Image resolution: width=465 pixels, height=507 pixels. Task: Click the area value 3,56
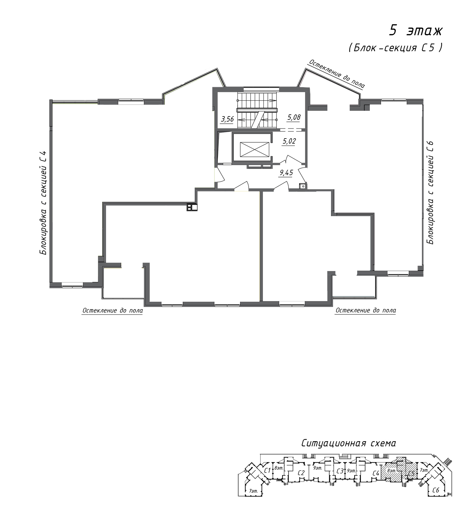coord(227,118)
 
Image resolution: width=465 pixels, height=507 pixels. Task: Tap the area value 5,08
coord(294,117)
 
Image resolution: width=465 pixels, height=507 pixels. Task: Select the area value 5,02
coord(289,141)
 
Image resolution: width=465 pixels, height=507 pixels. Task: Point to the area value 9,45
coord(286,172)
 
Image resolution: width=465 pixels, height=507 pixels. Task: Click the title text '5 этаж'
coord(416,31)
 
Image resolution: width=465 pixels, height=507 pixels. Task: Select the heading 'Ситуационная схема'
coord(348,443)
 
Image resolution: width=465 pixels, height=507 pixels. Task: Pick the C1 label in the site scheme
coord(268,470)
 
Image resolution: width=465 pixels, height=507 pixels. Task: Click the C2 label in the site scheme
coord(301,473)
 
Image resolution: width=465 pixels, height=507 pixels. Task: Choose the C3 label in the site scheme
coord(340,471)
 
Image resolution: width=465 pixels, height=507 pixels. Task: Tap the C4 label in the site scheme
coord(376,473)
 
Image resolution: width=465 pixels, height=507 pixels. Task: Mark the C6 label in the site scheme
coord(436,490)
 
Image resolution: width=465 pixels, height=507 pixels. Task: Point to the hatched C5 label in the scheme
coord(412,474)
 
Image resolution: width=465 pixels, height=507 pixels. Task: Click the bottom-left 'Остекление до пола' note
coord(113,310)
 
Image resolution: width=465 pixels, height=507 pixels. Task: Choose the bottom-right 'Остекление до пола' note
coord(366,310)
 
